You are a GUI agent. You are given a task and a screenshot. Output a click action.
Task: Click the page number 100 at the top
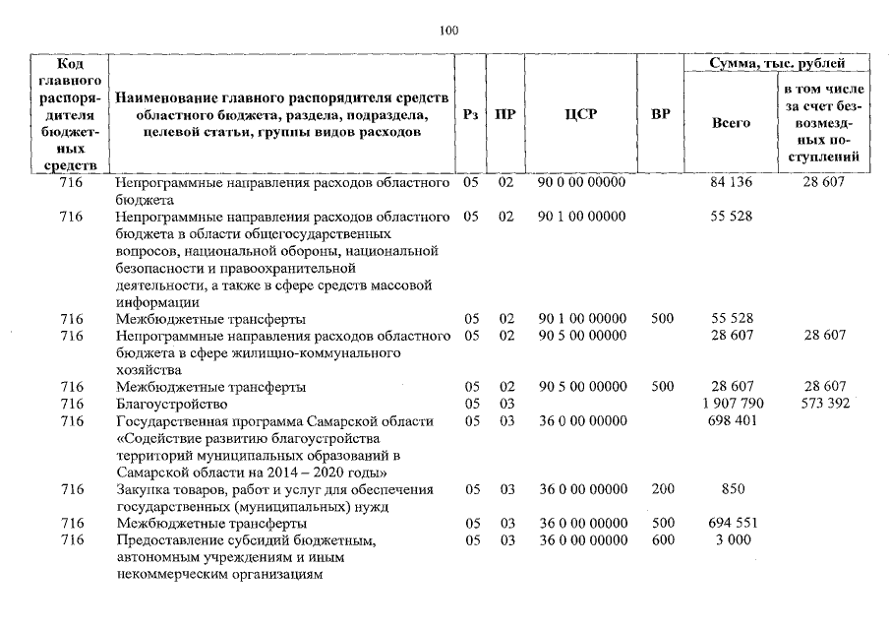pos(449,31)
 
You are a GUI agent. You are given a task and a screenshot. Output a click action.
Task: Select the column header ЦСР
pos(581,114)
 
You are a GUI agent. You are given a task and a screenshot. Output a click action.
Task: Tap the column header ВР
pos(661,114)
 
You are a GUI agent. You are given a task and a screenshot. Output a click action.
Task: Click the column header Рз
pos(470,114)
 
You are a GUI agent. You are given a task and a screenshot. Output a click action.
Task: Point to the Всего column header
pos(730,123)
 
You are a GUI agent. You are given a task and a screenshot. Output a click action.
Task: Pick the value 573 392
pos(824,404)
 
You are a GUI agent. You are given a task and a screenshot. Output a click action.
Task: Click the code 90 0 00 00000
pos(581,182)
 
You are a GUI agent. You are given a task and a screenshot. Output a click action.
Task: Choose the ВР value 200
pos(662,489)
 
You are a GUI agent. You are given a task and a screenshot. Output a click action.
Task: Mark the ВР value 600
pos(662,540)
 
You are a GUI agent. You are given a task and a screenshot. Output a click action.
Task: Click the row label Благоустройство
pos(171,404)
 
